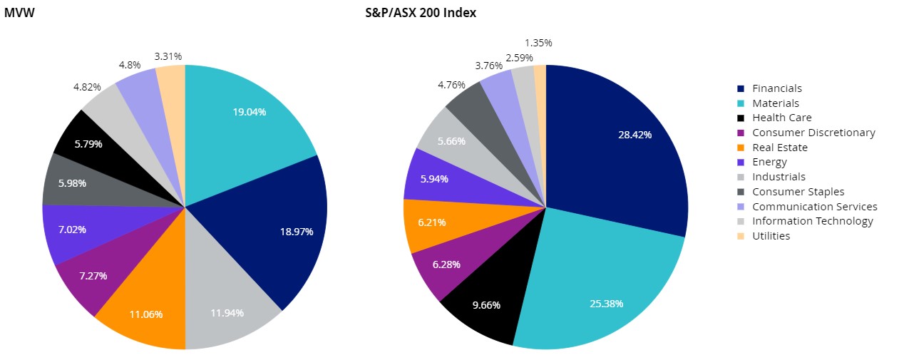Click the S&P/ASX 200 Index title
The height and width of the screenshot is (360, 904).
(420, 13)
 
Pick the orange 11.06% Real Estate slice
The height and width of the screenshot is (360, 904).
(146, 307)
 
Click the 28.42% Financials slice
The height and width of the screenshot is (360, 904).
(620, 150)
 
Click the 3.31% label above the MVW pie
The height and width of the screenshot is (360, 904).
(168, 56)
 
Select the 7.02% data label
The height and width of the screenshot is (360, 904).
(72, 230)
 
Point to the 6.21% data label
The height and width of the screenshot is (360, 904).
(431, 222)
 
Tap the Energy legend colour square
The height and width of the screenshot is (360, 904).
(741, 163)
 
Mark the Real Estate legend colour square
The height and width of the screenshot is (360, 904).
(741, 148)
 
